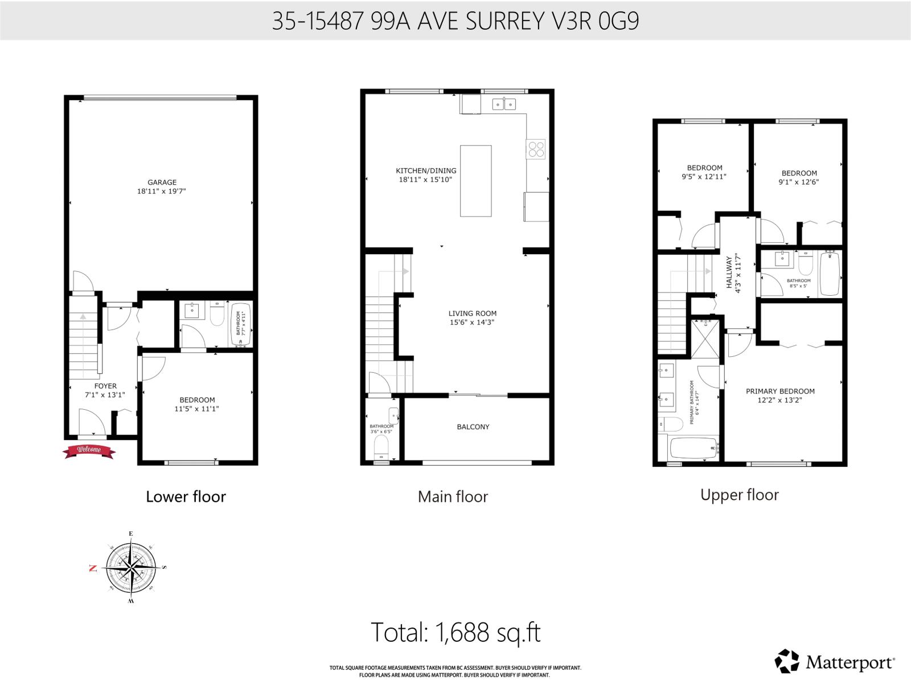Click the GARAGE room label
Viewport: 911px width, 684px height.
[162, 182]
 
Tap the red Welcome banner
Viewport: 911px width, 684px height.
[89, 451]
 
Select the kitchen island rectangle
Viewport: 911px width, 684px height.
[476, 181]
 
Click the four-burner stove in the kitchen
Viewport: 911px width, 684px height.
[536, 149]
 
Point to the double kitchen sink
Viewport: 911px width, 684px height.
[504, 104]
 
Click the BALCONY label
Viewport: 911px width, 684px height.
[473, 427]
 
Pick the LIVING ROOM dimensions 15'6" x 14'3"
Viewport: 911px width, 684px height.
[472, 323]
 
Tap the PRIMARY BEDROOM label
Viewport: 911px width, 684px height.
[780, 391]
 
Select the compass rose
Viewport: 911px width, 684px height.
[131, 568]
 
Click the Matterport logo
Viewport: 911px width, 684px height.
[835, 662]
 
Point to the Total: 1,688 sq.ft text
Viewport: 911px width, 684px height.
[455, 632]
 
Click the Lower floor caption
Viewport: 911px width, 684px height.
[186, 496]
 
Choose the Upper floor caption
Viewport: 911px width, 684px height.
[739, 495]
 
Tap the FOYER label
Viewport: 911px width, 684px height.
[105, 386]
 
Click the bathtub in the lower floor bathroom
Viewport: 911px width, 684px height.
[241, 324]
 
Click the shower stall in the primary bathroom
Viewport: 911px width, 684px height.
[705, 339]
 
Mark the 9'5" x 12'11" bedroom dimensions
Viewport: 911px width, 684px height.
[705, 177]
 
